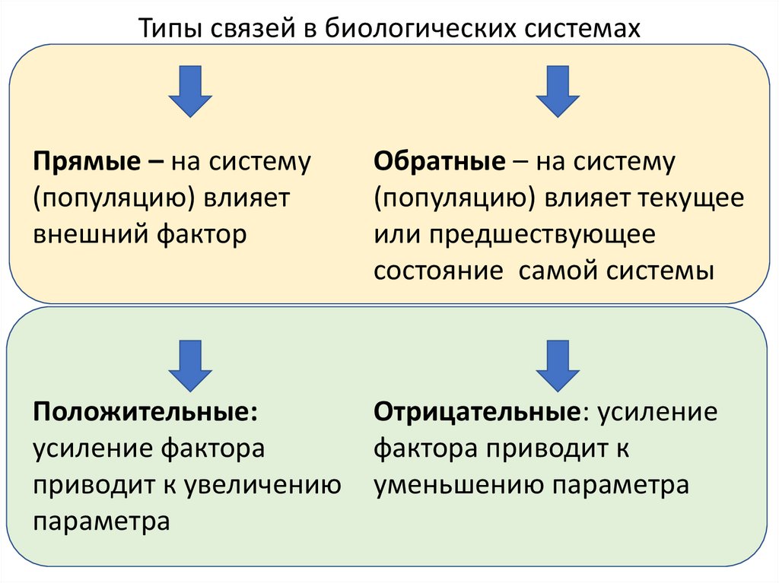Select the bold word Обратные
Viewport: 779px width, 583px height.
[439, 162]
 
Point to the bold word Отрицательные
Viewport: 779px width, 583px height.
[477, 412]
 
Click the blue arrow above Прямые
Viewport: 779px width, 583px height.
[190, 90]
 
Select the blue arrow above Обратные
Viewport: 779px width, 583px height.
[558, 90]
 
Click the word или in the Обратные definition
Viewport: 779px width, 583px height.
[396, 235]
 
